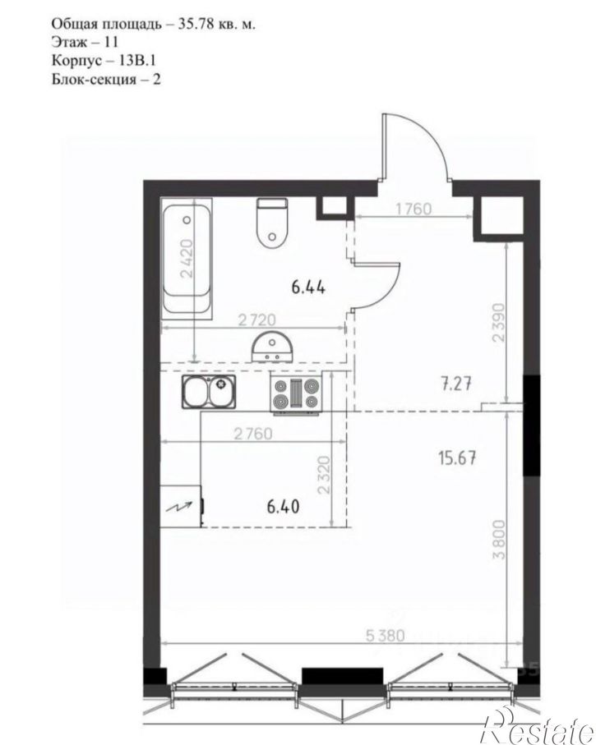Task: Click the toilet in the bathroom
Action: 272,223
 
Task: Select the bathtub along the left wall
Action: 187,258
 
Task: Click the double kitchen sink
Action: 209,392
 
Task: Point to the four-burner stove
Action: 296,393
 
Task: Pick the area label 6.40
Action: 283,507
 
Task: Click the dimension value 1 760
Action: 414,209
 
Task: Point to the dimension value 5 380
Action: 386,635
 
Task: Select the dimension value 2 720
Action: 256,319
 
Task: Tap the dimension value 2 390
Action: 498,322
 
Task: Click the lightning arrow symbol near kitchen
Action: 180,506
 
